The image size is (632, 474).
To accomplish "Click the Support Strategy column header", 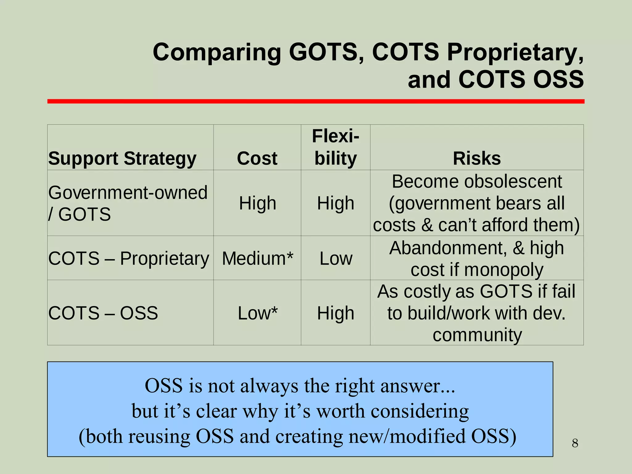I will [122, 159].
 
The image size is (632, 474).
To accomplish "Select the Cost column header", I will [257, 159].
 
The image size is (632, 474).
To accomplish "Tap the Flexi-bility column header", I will [335, 147].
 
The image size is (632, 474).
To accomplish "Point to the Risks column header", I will [477, 159].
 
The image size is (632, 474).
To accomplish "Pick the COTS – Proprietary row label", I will [129, 258].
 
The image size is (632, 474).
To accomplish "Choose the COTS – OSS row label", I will [103, 313].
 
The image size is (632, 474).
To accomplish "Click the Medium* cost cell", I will [257, 258].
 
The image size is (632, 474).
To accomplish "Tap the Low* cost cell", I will [257, 313].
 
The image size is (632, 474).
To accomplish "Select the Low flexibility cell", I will [335, 258].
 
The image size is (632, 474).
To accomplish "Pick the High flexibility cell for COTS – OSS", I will [335, 313].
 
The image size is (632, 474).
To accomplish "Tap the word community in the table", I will [477, 335].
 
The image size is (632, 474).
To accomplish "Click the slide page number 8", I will [575, 443].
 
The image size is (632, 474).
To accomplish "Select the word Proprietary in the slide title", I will [515, 52].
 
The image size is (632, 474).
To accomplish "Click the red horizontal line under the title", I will [316, 101].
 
